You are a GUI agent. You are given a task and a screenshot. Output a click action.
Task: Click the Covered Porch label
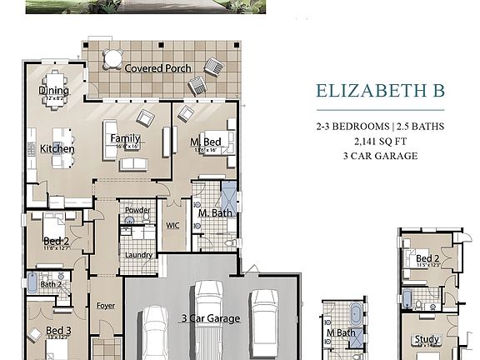[x=157, y=68]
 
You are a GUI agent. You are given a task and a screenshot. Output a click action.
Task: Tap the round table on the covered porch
[x=111, y=58]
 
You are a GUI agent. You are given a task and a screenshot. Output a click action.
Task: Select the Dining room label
[x=53, y=92]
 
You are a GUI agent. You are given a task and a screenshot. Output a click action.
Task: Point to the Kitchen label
[x=57, y=149]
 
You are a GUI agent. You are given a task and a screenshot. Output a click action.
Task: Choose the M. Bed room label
[x=203, y=142]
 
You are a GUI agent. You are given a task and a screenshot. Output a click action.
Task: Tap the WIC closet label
[x=173, y=225]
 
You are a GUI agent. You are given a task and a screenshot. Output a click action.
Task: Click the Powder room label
[x=137, y=210]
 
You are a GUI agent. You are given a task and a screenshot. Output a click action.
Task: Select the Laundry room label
[x=137, y=255]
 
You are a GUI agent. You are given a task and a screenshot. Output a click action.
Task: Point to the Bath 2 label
[x=52, y=284]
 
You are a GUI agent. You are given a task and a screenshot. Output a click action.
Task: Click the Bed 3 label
[x=58, y=331]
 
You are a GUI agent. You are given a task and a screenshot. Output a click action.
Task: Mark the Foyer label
[x=105, y=305]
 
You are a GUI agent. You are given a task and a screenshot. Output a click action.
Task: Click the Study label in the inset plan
[x=427, y=339]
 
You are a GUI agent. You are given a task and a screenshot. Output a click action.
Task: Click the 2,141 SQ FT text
[x=379, y=141]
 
